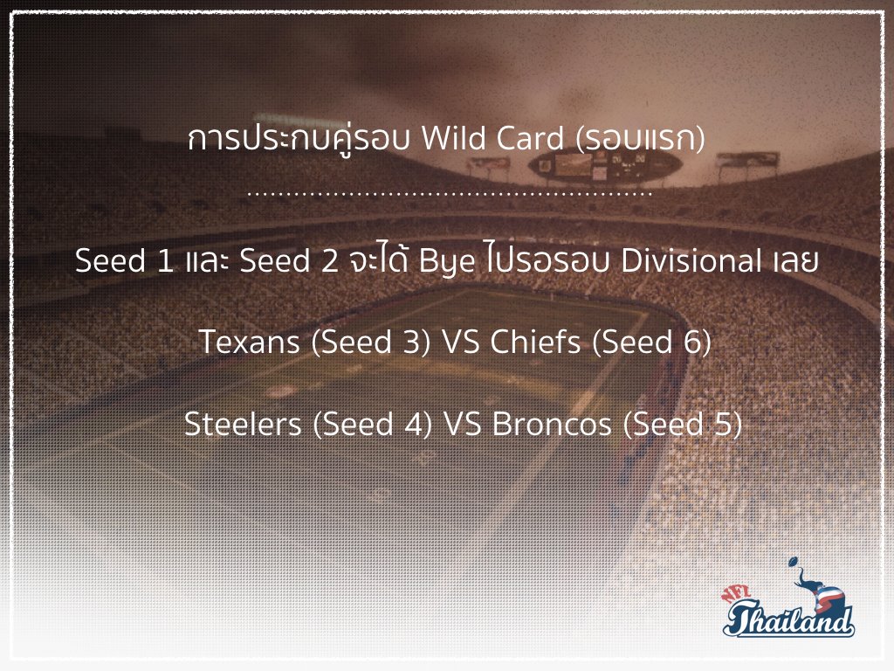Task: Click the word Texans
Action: [250, 342]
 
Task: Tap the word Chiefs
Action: [535, 342]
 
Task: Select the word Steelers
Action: [243, 424]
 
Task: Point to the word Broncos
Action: [552, 424]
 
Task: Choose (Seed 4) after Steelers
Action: [372, 425]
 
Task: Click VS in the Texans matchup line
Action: [461, 342]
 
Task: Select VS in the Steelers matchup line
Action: [463, 425]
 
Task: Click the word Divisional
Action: [691, 260]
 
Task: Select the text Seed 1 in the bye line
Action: [124, 260]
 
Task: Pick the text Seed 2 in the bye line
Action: [289, 260]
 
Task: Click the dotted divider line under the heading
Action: [450, 194]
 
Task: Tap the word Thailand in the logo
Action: [789, 619]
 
